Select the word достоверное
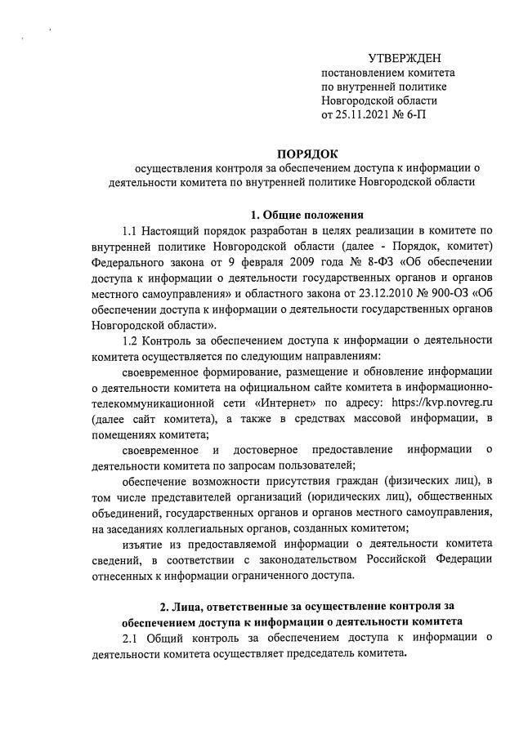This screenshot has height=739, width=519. pos(266,449)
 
